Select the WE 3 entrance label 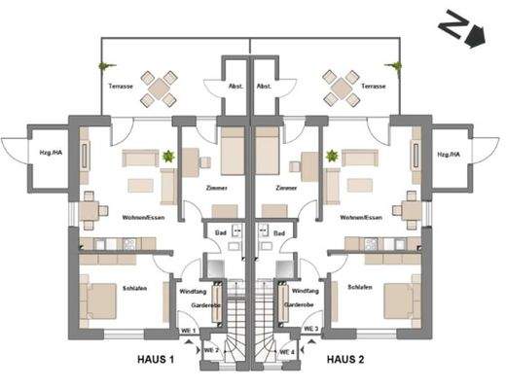(x=312, y=331)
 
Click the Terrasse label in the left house (x=115, y=87)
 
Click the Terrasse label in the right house (x=374, y=87)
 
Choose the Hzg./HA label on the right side (x=449, y=155)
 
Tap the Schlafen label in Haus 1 (x=135, y=288)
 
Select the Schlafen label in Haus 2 (x=359, y=288)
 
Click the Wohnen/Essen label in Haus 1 (x=142, y=218)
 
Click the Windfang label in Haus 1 (x=191, y=291)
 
